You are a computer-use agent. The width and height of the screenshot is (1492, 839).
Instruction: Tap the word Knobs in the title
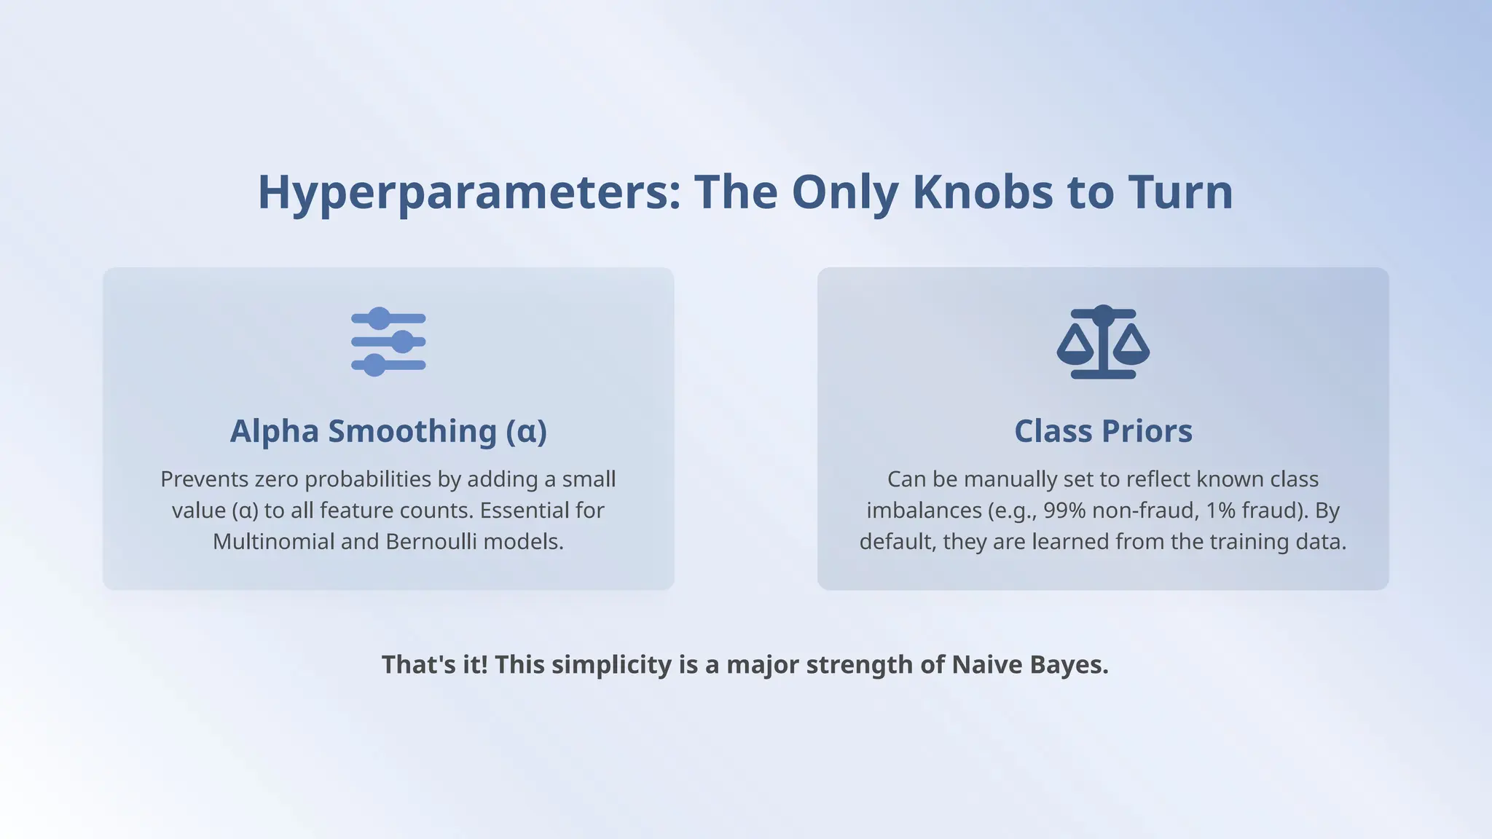tap(982, 193)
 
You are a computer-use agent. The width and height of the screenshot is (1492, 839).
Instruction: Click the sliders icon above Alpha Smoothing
tap(388, 342)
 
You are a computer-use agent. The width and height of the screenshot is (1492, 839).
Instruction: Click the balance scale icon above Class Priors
tap(1103, 342)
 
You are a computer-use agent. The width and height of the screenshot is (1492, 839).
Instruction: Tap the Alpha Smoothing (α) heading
tap(388, 431)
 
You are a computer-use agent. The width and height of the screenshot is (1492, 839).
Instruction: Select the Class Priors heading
tap(1103, 431)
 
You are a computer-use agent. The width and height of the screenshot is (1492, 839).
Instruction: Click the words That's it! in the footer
tap(434, 665)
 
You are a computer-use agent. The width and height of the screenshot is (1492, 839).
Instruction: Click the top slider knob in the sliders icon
tap(379, 318)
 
